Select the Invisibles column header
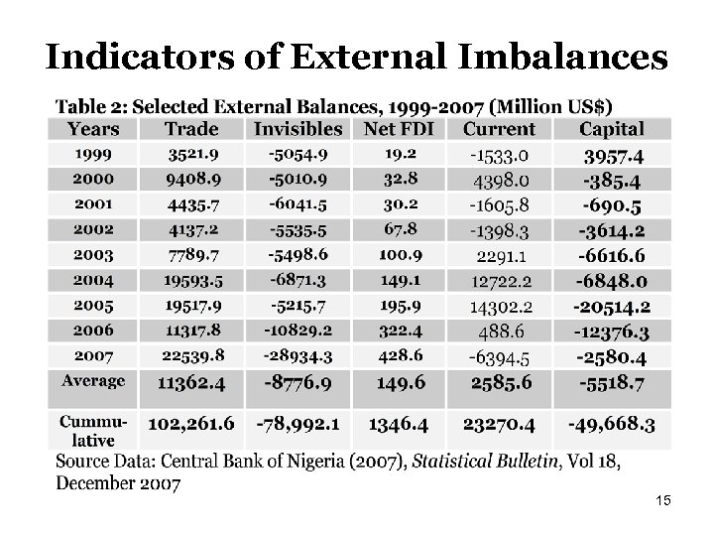[x=297, y=129]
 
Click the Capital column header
[x=612, y=129]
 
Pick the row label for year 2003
[x=92, y=255]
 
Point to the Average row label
[x=93, y=380]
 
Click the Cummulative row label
[x=92, y=430]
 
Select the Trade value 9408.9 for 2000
[x=191, y=180]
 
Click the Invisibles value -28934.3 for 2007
[x=297, y=354]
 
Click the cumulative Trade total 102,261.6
[x=191, y=424]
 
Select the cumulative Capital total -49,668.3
[x=612, y=424]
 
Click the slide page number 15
[x=663, y=502]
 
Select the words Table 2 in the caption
[x=93, y=105]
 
